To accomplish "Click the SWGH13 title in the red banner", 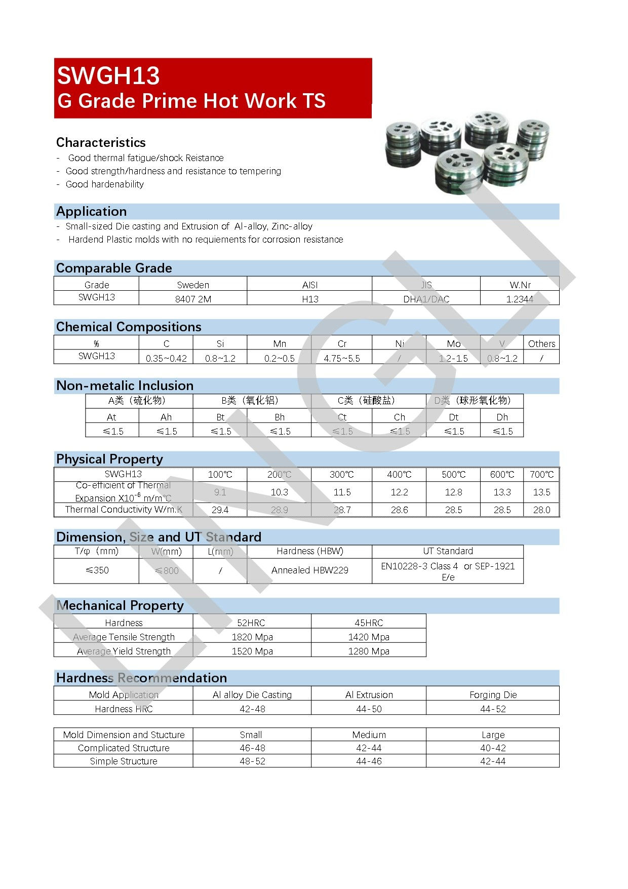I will tap(108, 76).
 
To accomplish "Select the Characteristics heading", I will tap(101, 142).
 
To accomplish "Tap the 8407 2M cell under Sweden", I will tap(193, 299).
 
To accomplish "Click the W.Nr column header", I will tap(520, 285).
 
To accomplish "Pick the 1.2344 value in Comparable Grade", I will tap(520, 299).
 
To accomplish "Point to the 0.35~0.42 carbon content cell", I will tap(166, 358).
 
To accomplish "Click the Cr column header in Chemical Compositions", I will tap(342, 343).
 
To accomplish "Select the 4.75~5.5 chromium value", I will tap(342, 358).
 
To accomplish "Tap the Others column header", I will tap(541, 343).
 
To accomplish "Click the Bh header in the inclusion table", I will tap(280, 417).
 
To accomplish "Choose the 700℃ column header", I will tap(541, 474).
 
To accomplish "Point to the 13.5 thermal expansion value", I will tap(541, 492).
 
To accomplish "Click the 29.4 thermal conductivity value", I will tap(220, 510).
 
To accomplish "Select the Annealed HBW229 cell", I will tap(309, 570).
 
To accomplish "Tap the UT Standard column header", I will tap(448, 551).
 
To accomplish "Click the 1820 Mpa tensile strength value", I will tap(252, 637).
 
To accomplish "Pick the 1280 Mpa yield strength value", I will tap(369, 651).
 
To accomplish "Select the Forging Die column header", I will tap(493, 694).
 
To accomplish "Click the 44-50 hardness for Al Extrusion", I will tap(369, 709).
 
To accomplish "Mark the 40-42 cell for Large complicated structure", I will tap(493, 748).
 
